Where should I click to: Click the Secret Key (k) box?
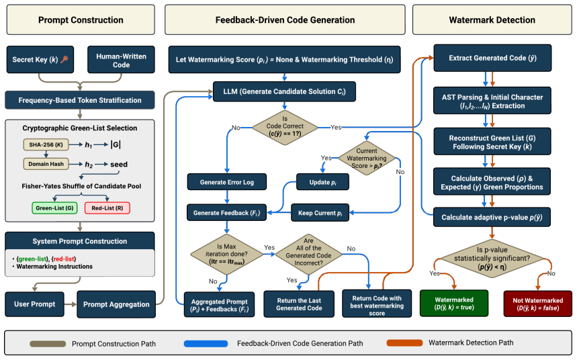pos(40,60)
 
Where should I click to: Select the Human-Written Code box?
pos(121,60)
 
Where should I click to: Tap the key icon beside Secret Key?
pos(64,59)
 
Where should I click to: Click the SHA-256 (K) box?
pos(46,144)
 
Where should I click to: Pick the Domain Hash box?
pos(46,164)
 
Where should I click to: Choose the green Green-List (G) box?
pos(54,208)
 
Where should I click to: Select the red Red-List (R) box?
pos(107,208)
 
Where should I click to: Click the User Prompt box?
pos(34,304)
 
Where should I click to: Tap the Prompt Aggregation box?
pos(116,304)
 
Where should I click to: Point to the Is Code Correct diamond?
pos(285,128)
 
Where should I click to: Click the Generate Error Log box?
pos(226,182)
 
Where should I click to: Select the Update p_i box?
pos(322,182)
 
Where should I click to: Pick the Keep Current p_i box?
pos(320,213)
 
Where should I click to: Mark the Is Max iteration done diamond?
pos(226,255)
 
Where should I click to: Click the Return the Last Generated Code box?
pos(299,304)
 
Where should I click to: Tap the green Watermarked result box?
pos(454,304)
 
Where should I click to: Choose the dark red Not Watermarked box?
pos(537,304)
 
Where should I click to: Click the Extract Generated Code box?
pos(492,58)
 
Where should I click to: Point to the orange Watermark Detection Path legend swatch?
pos(404,343)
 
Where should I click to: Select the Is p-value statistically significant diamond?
pos(492,258)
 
